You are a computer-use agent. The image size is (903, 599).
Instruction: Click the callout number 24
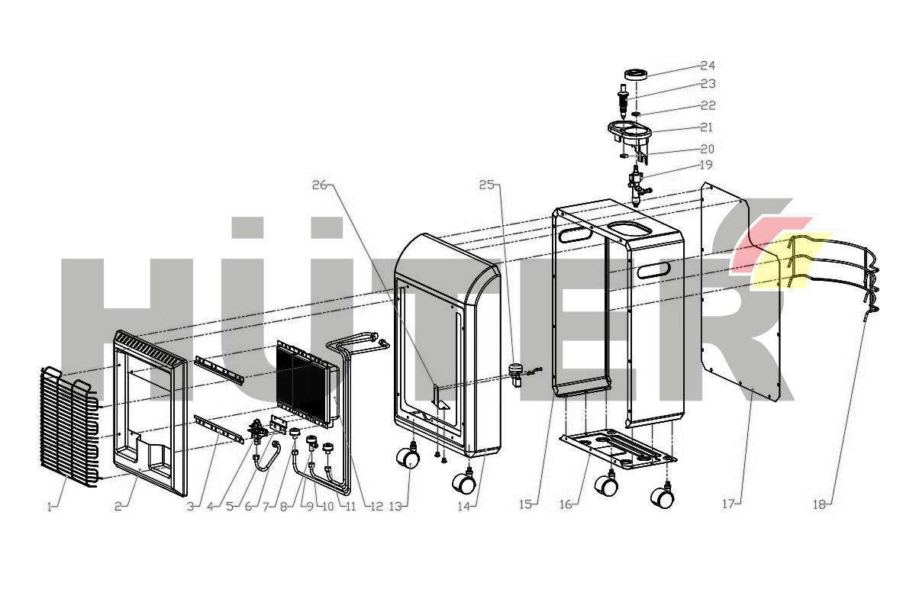tap(708, 66)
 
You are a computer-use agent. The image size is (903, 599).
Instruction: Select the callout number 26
tap(320, 185)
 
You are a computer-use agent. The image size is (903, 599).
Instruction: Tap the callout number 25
tap(487, 185)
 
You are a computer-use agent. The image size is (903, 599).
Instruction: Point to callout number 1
tap(50, 507)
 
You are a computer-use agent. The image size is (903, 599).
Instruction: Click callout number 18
tap(819, 504)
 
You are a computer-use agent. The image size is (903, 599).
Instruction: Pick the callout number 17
tap(728, 504)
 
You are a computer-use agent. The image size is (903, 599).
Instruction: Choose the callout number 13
tap(395, 506)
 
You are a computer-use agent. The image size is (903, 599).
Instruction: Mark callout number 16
tap(566, 505)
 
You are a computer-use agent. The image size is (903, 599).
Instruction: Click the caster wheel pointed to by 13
tap(408, 457)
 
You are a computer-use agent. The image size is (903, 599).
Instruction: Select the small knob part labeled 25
tap(514, 373)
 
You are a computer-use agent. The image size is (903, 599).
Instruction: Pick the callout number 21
tap(706, 127)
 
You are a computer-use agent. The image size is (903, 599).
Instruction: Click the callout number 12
tap(376, 507)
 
